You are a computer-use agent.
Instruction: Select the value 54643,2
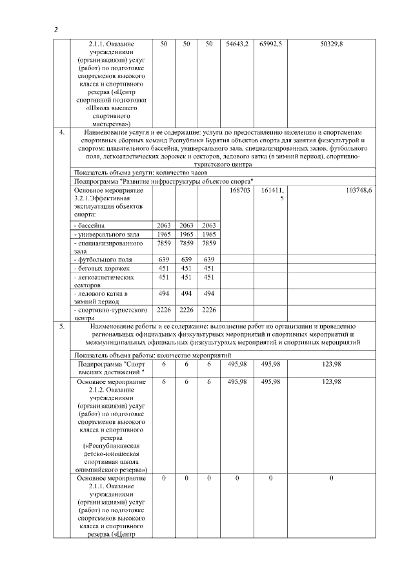(237, 44)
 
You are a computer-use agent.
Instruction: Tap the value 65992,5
(271, 44)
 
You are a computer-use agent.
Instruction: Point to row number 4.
(61, 132)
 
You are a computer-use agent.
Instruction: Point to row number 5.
(61, 327)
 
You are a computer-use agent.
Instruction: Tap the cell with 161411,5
(272, 195)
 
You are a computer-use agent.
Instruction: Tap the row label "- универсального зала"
(107, 234)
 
